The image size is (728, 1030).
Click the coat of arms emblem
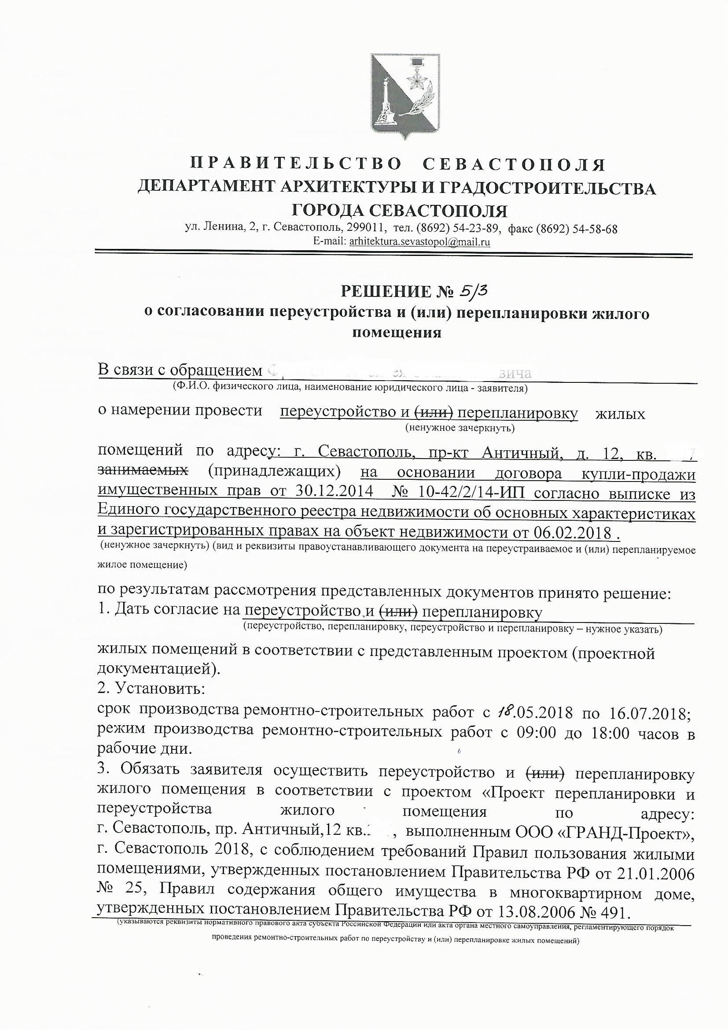pos(400,96)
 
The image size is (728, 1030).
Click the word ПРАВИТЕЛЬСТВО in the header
pos(296,165)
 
